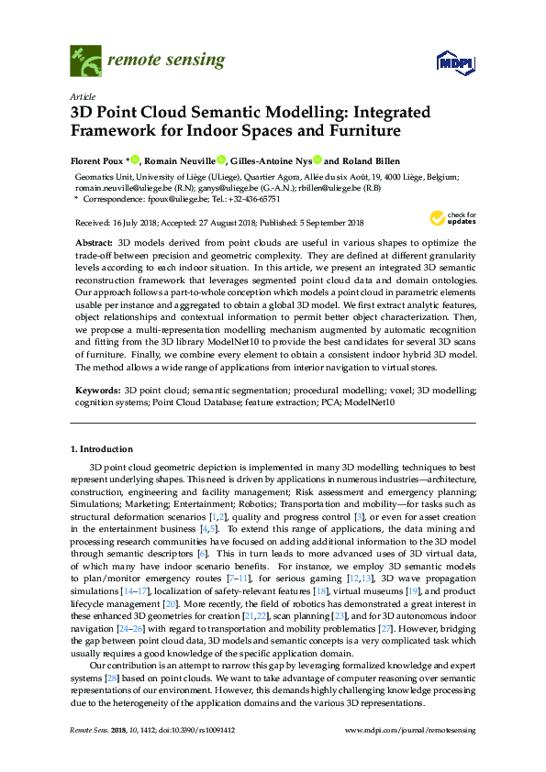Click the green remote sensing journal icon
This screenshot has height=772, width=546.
[85, 63]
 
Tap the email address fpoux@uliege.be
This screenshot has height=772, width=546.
[170, 198]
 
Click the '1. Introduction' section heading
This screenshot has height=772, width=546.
[102, 449]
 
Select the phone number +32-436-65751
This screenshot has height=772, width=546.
[255, 198]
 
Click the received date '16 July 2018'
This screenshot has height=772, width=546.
[133, 223]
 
